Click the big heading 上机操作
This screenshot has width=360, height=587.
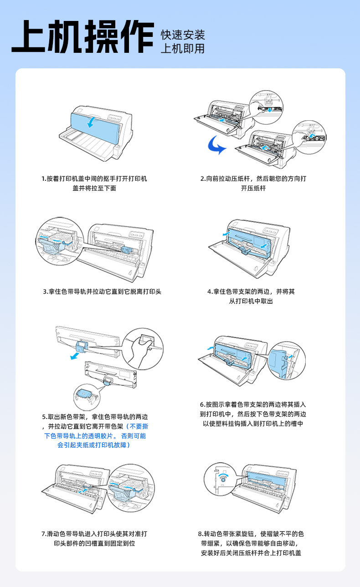coord(82,37)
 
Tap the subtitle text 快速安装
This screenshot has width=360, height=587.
coord(183,35)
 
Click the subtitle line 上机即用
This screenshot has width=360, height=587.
coord(183,49)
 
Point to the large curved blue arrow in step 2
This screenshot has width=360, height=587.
coord(214,146)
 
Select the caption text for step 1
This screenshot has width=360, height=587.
coord(94,183)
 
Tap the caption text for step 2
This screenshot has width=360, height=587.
coord(253,183)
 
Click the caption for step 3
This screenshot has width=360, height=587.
coord(102,291)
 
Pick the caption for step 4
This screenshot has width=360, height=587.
coord(251,296)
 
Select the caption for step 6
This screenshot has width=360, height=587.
coord(253,414)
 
